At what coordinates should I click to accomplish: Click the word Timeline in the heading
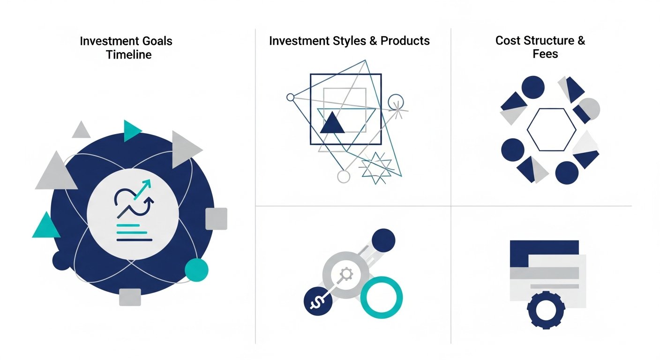[x=128, y=54]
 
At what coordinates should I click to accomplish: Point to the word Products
[x=405, y=41]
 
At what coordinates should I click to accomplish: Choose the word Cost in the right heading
[x=508, y=40]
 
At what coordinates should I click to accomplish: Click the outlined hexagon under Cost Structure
[x=551, y=130]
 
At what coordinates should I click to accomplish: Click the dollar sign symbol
[x=317, y=301]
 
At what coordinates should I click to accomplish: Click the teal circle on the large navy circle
[x=196, y=270]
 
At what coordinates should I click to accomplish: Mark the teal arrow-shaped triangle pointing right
[x=132, y=130]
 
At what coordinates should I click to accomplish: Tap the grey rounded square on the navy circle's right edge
[x=216, y=218]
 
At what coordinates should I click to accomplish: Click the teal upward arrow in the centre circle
[x=143, y=188]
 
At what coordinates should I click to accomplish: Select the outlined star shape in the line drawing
[x=375, y=167]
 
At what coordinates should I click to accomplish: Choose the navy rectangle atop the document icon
[x=544, y=248]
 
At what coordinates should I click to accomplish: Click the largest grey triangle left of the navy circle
[x=56, y=172]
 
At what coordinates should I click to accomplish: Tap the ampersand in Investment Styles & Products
[x=373, y=41]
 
